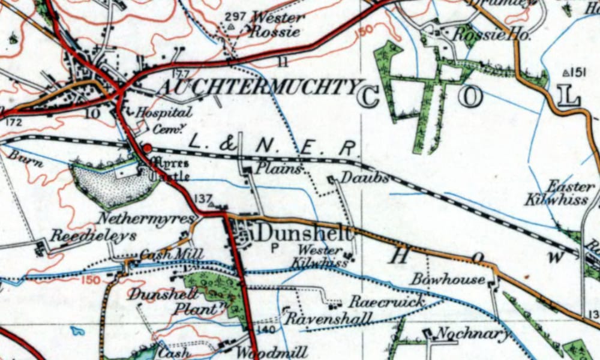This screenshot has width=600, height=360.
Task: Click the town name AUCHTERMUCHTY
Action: [x=258, y=88]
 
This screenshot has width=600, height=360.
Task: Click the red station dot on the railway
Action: [x=147, y=148]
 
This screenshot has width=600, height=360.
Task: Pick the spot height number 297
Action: [x=236, y=16]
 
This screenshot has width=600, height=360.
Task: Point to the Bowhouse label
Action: [x=448, y=280]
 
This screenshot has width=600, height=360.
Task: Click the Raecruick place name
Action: [x=387, y=301]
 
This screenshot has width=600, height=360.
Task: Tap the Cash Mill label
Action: [x=163, y=254]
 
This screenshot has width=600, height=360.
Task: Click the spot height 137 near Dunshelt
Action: [x=204, y=199]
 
